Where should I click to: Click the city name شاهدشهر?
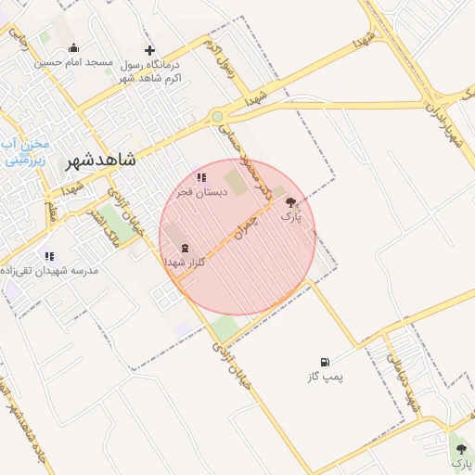pyautogui.click(x=99, y=160)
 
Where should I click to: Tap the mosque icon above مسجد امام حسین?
pyautogui.click(x=74, y=48)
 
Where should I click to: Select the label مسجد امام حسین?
pyautogui.click(x=74, y=63)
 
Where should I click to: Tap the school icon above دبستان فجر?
pyautogui.click(x=200, y=177)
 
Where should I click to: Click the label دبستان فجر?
pyautogui.click(x=199, y=191)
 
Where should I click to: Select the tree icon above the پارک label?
pyautogui.click(x=291, y=201)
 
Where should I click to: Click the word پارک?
pyautogui.click(x=291, y=216)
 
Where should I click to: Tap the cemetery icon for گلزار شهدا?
pyautogui.click(x=184, y=248)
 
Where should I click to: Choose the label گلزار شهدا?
pyautogui.click(x=185, y=263)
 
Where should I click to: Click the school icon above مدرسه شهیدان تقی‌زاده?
pyautogui.click(x=49, y=255)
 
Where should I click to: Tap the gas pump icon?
pyautogui.click(x=324, y=362)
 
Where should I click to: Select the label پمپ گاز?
pyautogui.click(x=325, y=378)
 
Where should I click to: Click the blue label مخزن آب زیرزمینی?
pyautogui.click(x=20, y=152)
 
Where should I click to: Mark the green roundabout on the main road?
pyautogui.click(x=217, y=117)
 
